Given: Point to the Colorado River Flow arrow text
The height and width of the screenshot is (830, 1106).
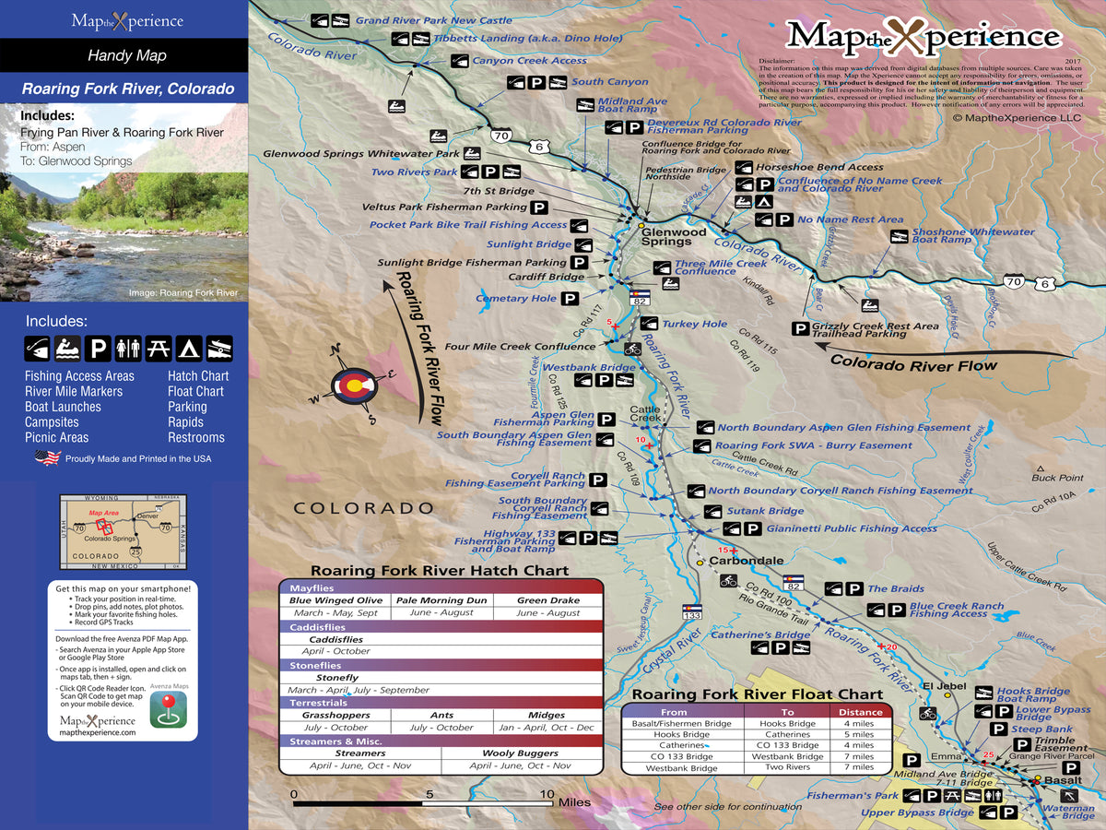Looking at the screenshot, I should [x=913, y=363].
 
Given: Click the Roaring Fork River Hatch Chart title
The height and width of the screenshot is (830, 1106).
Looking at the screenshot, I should [x=439, y=571].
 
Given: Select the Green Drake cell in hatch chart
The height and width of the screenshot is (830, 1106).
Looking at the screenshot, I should [x=547, y=600].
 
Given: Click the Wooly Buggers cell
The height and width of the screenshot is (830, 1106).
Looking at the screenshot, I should [x=522, y=753].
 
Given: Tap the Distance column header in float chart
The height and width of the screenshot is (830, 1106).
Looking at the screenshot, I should [x=860, y=712].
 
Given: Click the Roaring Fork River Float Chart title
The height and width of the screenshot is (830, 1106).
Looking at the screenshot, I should [x=757, y=694].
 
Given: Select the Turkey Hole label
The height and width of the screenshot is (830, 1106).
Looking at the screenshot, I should [x=695, y=324].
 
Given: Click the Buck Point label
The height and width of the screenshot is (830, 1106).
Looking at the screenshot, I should [x=1057, y=478].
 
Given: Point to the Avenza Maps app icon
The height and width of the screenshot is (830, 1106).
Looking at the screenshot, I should [x=170, y=707].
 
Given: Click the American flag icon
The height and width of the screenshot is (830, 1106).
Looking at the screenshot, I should [x=47, y=458].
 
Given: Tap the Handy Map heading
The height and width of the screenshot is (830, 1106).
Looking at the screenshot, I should [x=126, y=55].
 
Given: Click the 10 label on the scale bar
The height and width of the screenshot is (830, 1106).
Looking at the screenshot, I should [x=547, y=793].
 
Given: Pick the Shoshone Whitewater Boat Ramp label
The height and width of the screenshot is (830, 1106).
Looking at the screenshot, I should [x=972, y=236].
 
